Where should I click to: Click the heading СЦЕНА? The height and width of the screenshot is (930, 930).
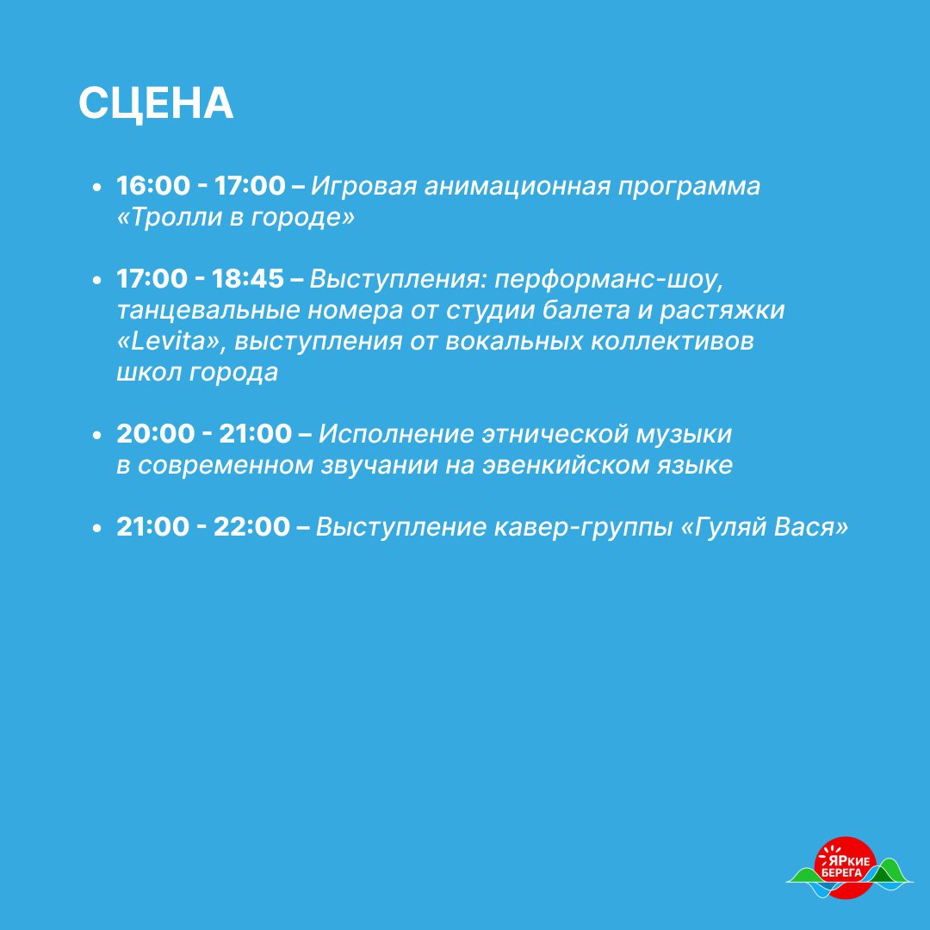(x=156, y=104)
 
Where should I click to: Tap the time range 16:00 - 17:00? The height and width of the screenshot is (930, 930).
(x=201, y=186)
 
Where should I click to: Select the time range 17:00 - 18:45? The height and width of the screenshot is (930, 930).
(x=201, y=279)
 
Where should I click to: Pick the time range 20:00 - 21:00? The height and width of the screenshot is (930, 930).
(x=204, y=433)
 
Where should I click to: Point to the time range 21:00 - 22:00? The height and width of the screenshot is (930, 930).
(x=203, y=527)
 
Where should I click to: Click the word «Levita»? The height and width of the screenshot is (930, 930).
(x=168, y=342)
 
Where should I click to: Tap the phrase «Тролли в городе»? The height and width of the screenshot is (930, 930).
(x=235, y=217)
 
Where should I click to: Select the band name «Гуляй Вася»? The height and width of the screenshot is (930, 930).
(x=765, y=527)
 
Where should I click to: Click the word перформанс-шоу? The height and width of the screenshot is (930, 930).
(x=609, y=279)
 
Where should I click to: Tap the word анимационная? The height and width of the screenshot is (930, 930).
(x=518, y=186)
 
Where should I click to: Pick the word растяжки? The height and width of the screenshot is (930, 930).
(x=722, y=311)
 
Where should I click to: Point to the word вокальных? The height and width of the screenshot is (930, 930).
(x=513, y=342)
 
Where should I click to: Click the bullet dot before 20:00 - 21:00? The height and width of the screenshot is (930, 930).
(x=97, y=436)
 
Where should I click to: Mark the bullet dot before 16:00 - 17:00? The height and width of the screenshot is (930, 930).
(x=97, y=188)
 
